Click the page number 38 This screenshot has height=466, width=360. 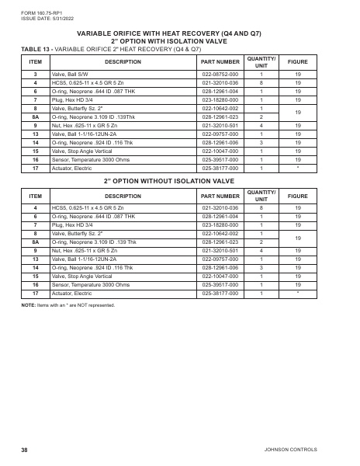click(x=24, y=450)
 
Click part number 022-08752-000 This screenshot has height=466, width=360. click(x=220, y=74)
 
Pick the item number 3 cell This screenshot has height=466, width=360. click(x=35, y=74)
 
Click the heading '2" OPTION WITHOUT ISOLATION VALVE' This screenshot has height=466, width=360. click(x=180, y=180)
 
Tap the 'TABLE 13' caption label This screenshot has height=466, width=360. click(x=36, y=48)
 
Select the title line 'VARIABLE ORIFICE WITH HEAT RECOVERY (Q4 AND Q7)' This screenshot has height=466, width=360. click(x=180, y=33)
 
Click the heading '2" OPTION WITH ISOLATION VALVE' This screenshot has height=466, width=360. click(x=180, y=41)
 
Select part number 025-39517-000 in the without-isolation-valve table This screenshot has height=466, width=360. click(x=220, y=285)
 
